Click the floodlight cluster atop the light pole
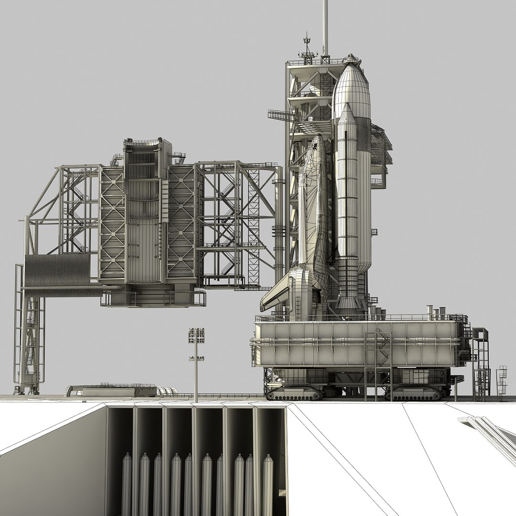point(196,335)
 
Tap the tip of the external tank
point(352,58)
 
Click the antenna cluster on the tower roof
point(307,48)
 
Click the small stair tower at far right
point(501,382)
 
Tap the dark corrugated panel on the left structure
point(57,270)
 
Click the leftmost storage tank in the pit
point(127,483)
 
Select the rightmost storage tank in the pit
point(268,483)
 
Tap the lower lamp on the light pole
point(196,359)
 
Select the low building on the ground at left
point(112,390)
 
